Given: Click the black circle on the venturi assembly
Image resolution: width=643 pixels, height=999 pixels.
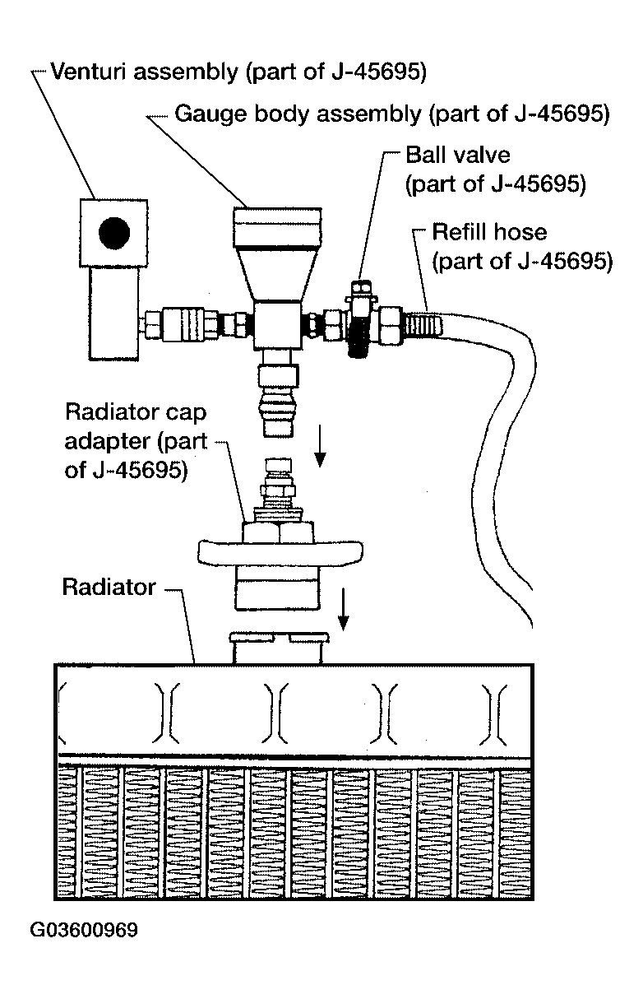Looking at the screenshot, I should [x=114, y=233].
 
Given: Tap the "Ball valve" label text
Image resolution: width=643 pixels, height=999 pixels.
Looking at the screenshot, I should [x=457, y=156].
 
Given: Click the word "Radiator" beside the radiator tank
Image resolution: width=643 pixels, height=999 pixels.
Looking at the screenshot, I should [x=109, y=588].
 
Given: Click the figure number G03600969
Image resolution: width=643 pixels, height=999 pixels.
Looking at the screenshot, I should [x=83, y=930].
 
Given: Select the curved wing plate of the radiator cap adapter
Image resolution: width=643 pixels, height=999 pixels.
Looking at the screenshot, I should [x=280, y=552].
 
